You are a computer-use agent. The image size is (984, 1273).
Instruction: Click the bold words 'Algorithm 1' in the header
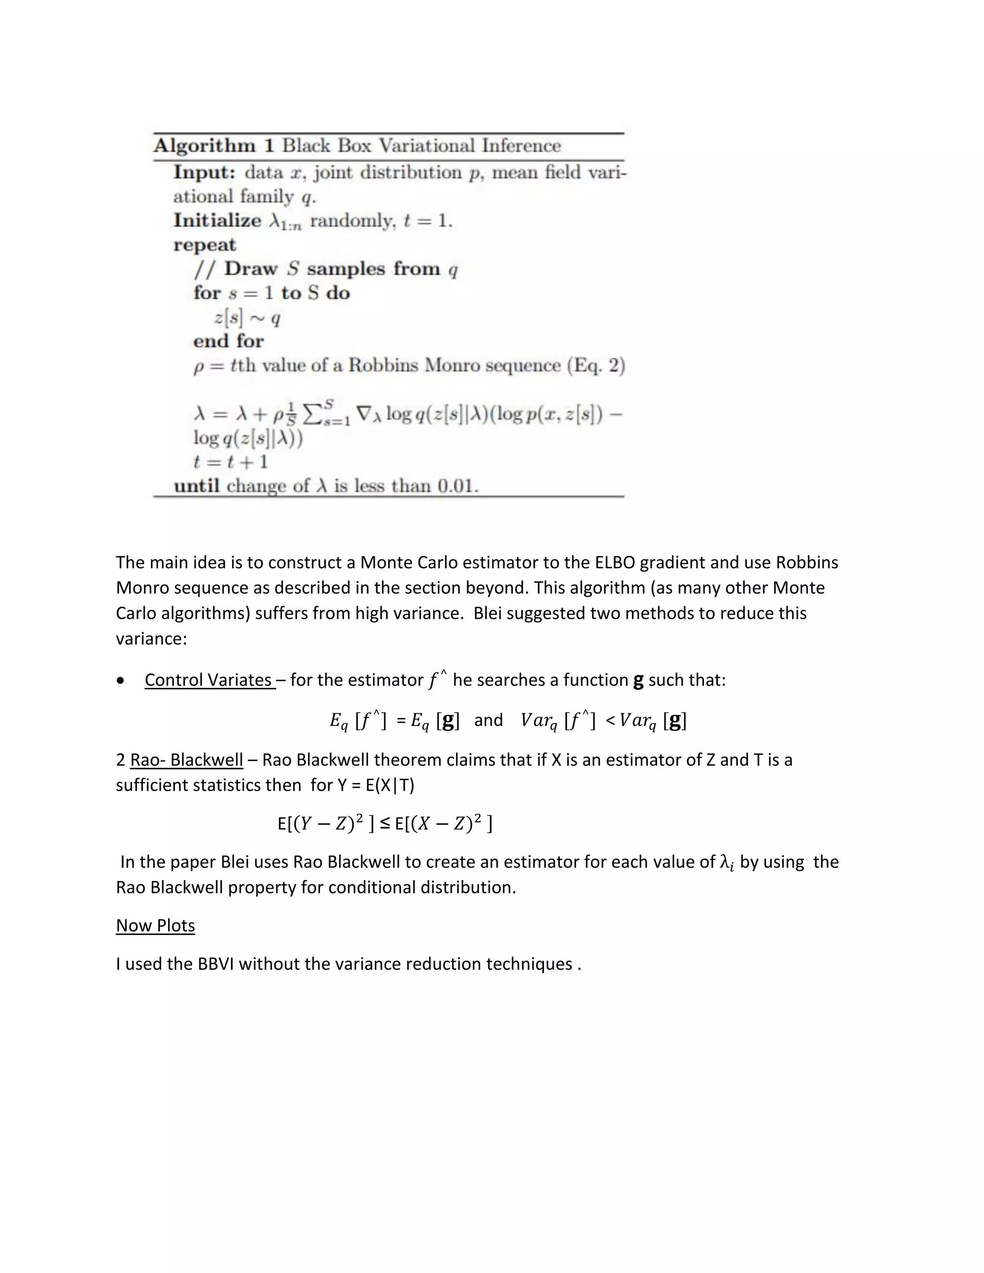[213, 146]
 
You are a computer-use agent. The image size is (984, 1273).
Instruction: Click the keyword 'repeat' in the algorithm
[205, 245]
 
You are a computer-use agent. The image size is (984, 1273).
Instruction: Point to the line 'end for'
[229, 341]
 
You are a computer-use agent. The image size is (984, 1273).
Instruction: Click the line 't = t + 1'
[231, 462]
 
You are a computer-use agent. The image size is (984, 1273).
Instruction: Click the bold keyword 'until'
[197, 486]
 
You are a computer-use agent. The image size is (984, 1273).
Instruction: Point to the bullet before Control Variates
[121, 681]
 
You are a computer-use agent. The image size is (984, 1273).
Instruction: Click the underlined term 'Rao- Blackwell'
[186, 760]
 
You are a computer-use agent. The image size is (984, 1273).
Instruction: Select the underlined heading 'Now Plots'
[155, 926]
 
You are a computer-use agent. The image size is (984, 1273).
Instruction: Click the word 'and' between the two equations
[488, 721]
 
